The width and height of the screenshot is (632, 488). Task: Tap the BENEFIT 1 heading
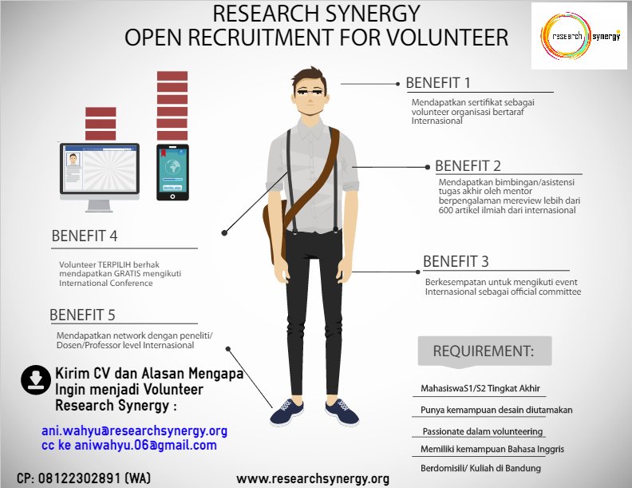pos(438,83)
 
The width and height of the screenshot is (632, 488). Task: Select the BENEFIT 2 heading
pos(468,166)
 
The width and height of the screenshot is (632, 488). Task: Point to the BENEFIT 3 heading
pos(456,261)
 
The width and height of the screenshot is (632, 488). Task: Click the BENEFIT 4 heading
pos(85,236)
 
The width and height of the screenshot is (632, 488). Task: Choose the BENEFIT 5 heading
pos(82,315)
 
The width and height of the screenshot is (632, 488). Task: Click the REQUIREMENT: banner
pos(484,351)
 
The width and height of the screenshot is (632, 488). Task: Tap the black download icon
pos(36,380)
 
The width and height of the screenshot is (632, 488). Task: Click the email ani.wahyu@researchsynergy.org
pos(134,430)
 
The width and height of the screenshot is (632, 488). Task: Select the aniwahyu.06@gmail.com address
pos(145,445)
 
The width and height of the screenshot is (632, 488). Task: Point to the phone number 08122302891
pos(80,478)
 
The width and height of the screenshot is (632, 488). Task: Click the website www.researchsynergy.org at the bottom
pos(313,478)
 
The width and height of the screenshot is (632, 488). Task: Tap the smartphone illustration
pos(172,173)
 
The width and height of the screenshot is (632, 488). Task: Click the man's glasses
pos(310,92)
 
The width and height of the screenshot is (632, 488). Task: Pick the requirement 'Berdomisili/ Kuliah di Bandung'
pos(480,468)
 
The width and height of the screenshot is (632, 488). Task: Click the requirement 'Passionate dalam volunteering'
pos(483,431)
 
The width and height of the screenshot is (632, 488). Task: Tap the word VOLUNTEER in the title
pos(448,37)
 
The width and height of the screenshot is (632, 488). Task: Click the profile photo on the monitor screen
pos(73,159)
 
